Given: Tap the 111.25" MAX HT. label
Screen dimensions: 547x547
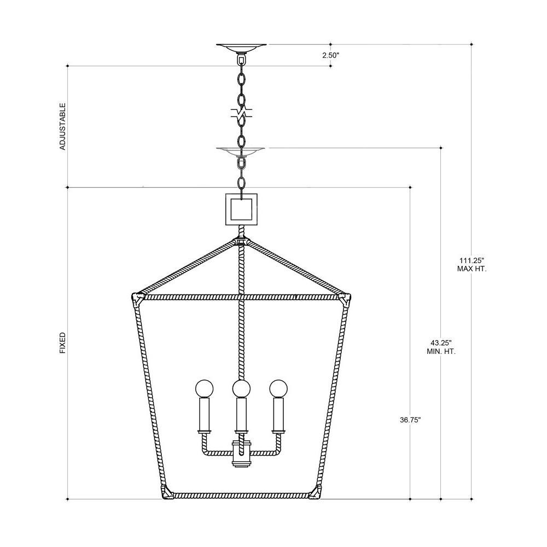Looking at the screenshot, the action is click(472, 264).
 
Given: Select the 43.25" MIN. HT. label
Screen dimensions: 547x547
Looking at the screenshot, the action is click(441, 347).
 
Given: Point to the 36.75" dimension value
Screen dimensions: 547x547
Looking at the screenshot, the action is click(410, 420).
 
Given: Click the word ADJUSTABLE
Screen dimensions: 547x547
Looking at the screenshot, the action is click(62, 126).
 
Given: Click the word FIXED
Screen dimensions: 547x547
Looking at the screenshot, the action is click(62, 343).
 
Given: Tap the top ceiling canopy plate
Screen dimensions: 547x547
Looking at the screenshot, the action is click(241, 48).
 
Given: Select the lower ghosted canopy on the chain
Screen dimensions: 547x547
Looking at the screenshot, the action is click(240, 151).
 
